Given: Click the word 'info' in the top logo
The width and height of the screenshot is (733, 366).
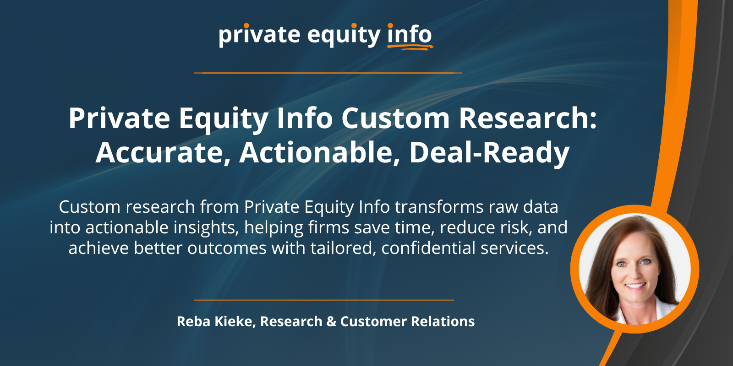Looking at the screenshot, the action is pos(410,34).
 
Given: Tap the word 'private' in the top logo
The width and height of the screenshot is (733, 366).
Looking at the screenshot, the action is pos(259,35).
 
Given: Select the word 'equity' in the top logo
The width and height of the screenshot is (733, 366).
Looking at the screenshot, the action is pos(344,35).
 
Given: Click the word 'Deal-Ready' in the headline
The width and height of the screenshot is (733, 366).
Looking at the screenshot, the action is pos(490,153).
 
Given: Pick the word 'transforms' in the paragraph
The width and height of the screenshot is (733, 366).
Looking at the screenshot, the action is pos(439,207).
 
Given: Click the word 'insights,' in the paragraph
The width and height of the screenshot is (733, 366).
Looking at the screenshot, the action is pos(206,227).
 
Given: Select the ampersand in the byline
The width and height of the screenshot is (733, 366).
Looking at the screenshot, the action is pos(331,321).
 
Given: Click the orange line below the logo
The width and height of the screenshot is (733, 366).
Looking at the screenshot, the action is pos(328,73).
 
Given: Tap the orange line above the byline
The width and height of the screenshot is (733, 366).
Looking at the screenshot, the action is pos(324,300).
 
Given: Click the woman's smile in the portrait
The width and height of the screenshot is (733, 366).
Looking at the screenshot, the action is pos(635,286).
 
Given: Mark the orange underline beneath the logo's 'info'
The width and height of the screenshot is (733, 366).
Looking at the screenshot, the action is pos(410,48).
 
